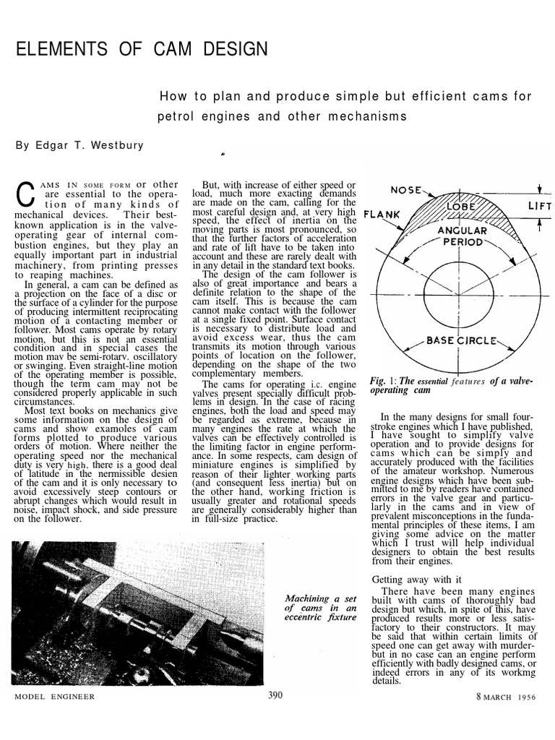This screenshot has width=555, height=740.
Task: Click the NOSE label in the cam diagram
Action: (x=407, y=191)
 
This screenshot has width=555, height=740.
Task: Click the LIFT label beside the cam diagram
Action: (x=539, y=207)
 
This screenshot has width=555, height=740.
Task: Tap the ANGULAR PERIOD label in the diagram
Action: (x=459, y=236)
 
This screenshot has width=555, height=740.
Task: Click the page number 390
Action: (x=275, y=695)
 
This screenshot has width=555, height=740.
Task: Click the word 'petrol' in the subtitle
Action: (x=174, y=116)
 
